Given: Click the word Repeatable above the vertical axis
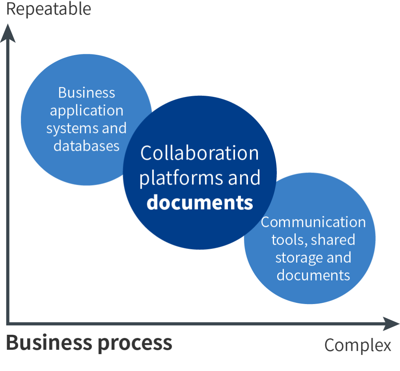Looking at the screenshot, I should [49, 9].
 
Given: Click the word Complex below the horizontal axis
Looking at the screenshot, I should [358, 345].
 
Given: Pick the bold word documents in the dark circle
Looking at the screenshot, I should [200, 202].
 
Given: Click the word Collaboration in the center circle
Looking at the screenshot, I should [200, 153].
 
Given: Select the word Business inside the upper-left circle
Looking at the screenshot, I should [87, 93].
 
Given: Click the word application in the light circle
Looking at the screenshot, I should [87, 111].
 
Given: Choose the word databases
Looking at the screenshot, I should [87, 146].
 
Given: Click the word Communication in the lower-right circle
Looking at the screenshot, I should [313, 222].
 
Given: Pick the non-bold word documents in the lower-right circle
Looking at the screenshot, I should [313, 275].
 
